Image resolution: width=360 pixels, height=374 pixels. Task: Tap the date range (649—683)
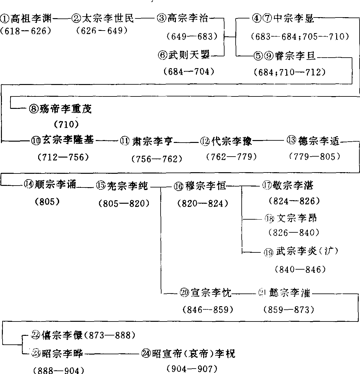[x=192, y=36]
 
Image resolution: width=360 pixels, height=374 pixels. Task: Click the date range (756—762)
[x=157, y=159]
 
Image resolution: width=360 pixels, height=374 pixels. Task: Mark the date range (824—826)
[x=294, y=201]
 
